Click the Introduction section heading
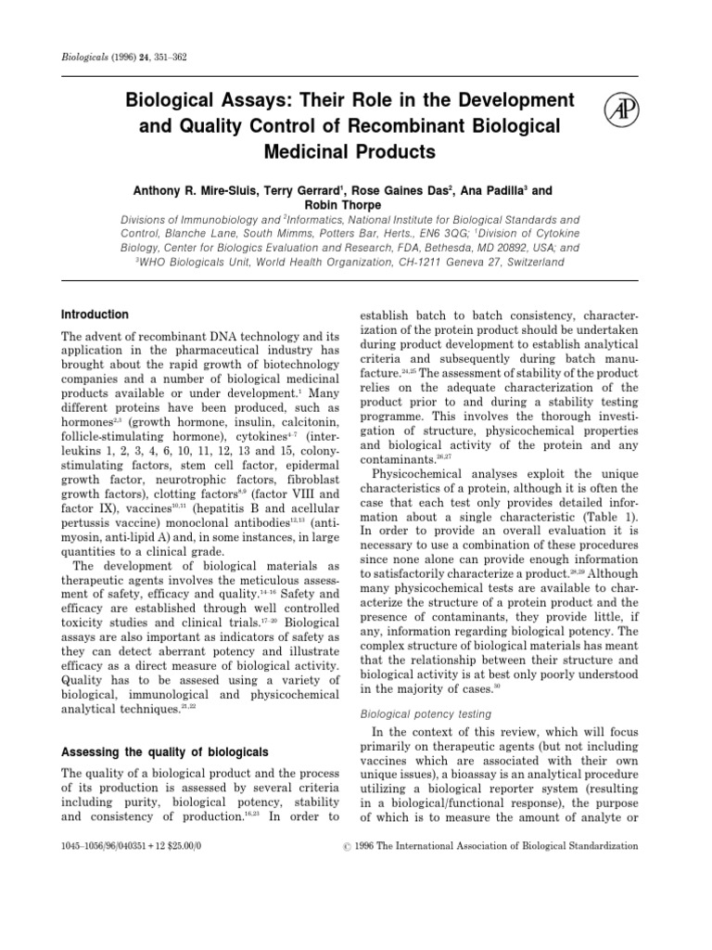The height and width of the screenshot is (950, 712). tap(95, 315)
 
